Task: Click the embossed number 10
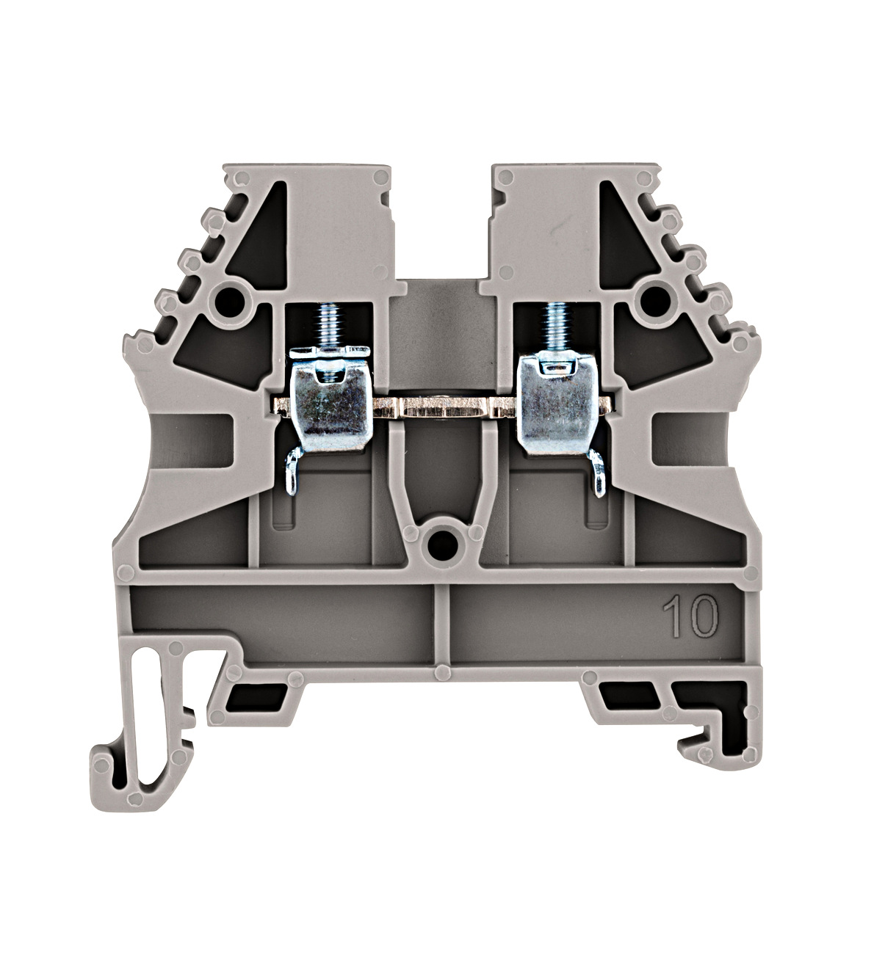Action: coord(691,617)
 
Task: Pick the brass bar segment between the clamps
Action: coord(444,407)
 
